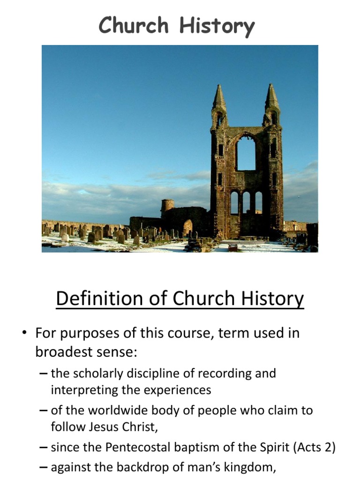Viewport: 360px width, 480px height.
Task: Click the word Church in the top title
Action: point(134,25)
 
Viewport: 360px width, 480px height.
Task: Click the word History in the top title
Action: point(217,26)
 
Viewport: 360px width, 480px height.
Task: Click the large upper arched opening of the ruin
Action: point(246,152)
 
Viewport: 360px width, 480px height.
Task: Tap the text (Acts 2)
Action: point(314,447)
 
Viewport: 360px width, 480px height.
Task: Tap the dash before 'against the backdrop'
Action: point(44,467)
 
